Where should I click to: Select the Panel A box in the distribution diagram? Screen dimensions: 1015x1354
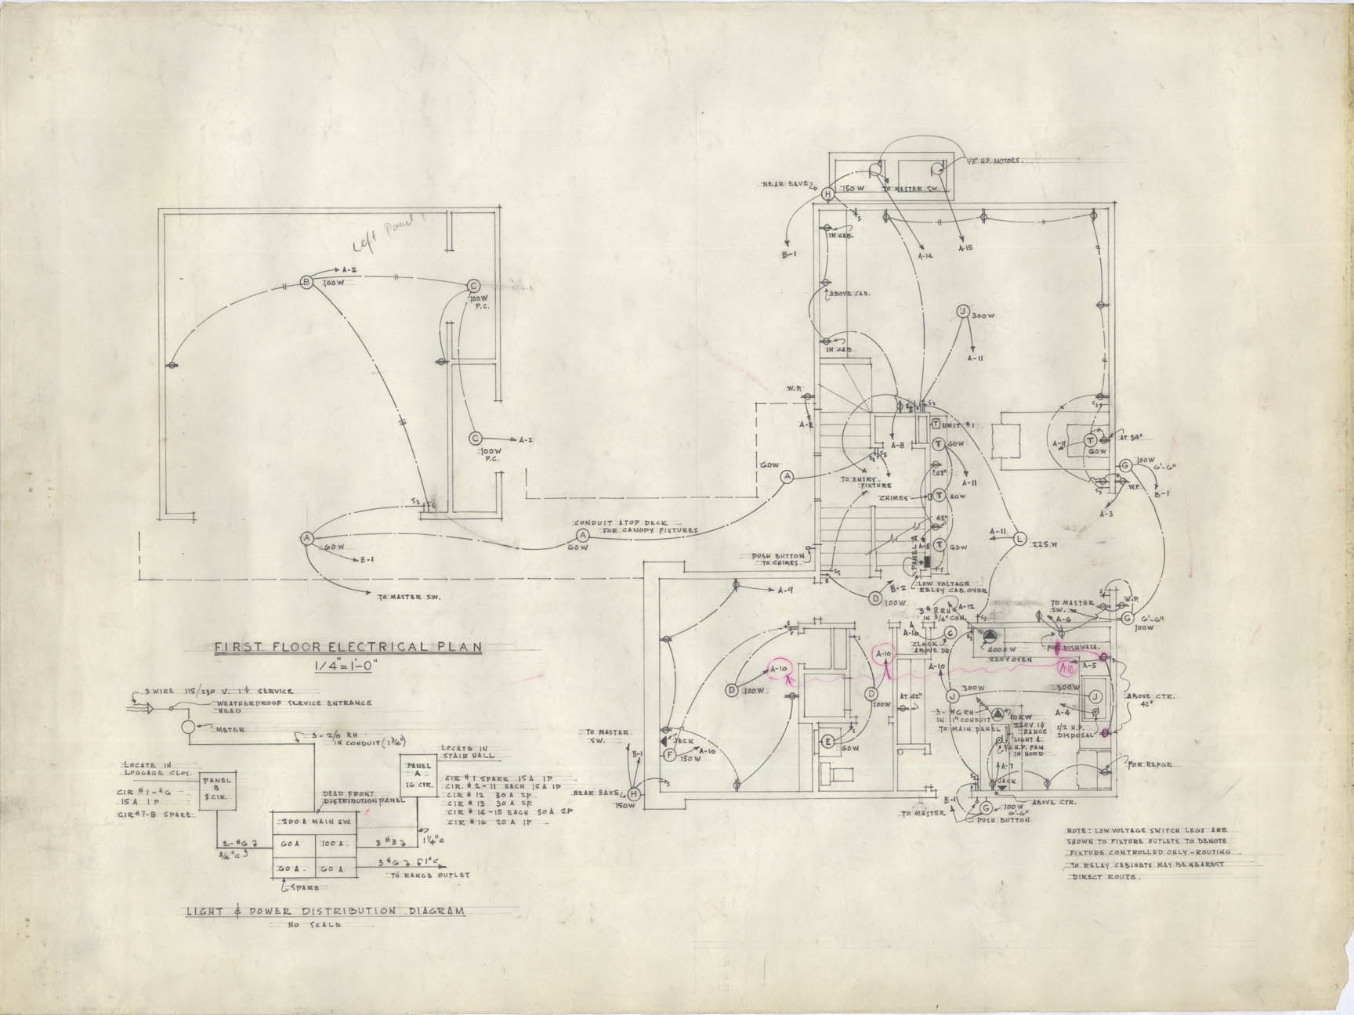[x=419, y=775]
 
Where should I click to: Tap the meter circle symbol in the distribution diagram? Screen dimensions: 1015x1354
[x=188, y=726]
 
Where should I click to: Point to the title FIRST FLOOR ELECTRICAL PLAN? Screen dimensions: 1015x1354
[x=349, y=647]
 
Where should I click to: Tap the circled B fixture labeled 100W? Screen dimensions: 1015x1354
[x=307, y=282]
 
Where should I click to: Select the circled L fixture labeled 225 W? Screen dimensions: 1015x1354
[x=1019, y=539]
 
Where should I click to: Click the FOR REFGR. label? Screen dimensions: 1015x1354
[x=1149, y=764]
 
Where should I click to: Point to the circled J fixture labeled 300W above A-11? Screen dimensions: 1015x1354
[x=961, y=312]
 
